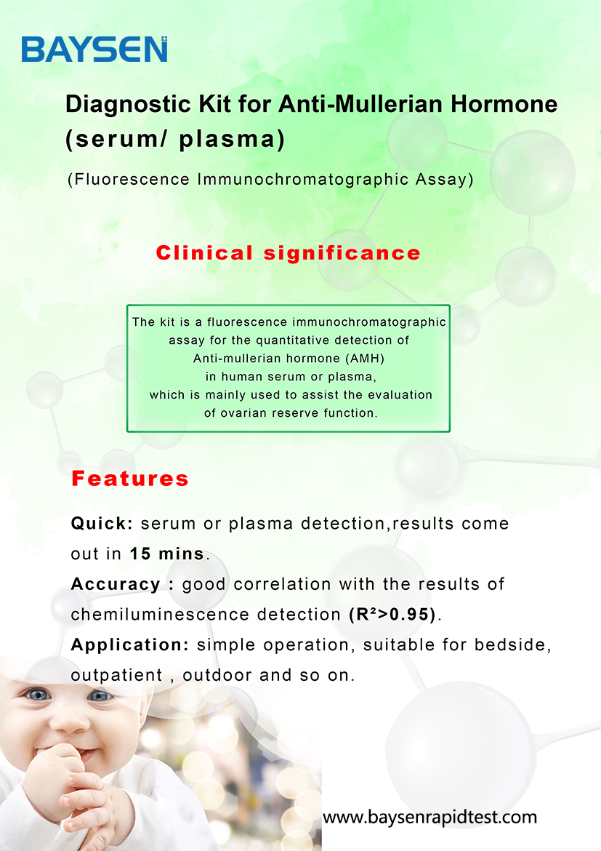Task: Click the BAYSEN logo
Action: (94, 49)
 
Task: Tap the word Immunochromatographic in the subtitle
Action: (302, 180)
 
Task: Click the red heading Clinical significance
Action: (288, 253)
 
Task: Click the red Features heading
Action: (130, 479)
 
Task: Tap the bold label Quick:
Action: (102, 524)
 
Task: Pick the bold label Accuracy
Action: (116, 585)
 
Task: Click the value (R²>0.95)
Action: (392, 615)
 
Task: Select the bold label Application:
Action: (130, 645)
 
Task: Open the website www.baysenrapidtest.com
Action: (429, 818)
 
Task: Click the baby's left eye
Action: (100, 695)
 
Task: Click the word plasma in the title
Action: (232, 139)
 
